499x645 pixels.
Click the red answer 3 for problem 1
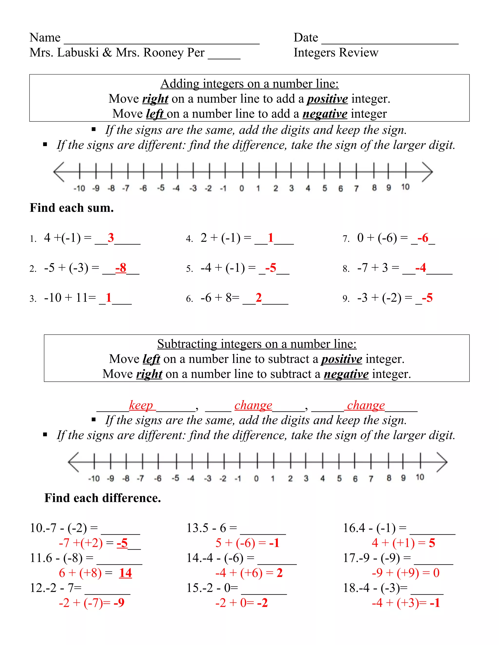pos(111,238)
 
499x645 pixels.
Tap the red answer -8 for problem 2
pos(121,268)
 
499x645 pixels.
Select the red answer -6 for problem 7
pos(423,238)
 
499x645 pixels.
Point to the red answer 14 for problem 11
pos(125,573)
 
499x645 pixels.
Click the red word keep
pos(141,405)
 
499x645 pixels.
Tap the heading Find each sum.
pos(72,208)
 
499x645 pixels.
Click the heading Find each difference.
pos(103,498)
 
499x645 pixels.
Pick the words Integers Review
pos(336,53)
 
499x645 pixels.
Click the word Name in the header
pos(45,38)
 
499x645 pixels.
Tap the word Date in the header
pos(306,38)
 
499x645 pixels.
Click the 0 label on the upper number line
pos(241,188)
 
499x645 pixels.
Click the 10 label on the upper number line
pos(405,187)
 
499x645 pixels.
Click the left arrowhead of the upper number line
pos(58,172)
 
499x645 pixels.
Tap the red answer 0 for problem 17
pos(436,573)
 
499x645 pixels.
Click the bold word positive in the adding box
pos(327,99)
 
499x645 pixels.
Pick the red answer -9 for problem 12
pos(119,603)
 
